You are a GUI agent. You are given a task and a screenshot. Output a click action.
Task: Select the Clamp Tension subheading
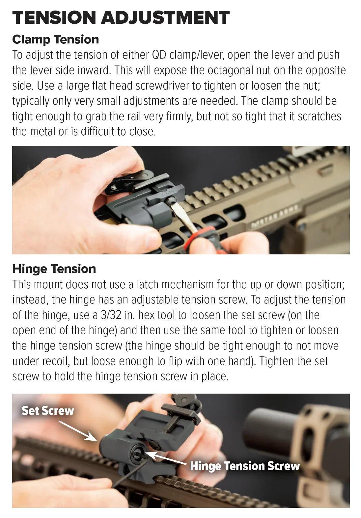coord(55,39)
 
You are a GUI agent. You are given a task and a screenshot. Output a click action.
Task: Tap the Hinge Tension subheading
coord(54,269)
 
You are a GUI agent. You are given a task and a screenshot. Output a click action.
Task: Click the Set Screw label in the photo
coord(48,410)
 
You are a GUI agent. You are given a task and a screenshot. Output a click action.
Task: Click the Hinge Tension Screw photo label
coord(245,466)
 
